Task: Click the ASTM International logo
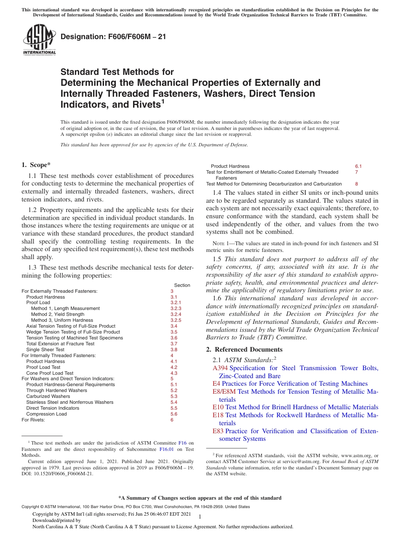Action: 39,40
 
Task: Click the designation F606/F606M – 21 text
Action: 113,37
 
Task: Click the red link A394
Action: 220,368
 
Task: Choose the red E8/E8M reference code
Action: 224,392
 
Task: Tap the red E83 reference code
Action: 218,431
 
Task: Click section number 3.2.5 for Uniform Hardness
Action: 176,320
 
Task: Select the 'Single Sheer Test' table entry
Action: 45,350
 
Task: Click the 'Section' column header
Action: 182,285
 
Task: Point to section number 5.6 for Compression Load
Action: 173,414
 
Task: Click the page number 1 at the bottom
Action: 200,516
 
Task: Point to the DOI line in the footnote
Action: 57,474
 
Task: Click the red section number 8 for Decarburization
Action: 356,184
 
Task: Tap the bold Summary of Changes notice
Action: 200,498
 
